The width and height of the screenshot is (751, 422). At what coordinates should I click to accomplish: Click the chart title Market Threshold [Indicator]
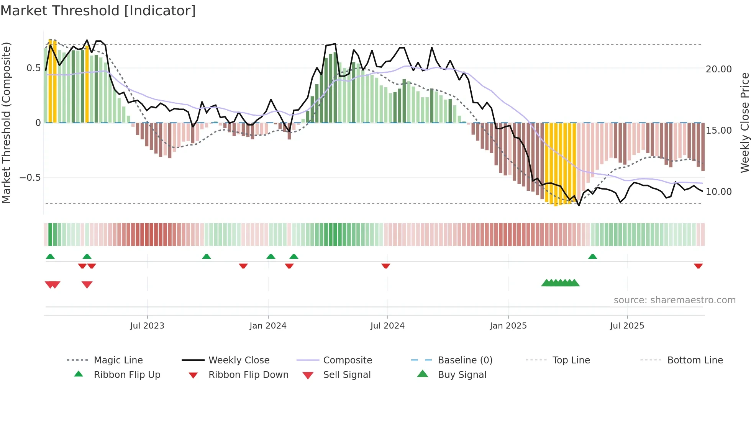[x=98, y=11]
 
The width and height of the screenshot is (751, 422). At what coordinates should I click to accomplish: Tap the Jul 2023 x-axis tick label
[x=147, y=326]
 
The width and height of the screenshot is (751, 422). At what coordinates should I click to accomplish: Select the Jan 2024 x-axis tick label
[x=268, y=326]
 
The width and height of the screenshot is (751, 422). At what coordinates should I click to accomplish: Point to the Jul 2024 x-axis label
[x=387, y=326]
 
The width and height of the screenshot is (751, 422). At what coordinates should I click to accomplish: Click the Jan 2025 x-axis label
[x=508, y=326]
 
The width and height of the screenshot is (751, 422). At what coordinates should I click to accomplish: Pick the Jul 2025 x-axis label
[x=627, y=326]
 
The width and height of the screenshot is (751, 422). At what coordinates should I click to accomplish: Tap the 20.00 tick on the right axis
[x=718, y=69]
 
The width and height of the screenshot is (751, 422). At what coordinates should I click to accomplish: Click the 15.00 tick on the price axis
[x=718, y=131]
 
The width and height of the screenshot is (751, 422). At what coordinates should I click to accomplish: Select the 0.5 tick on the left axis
[x=33, y=68]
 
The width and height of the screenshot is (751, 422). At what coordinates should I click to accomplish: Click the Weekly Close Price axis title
[x=744, y=123]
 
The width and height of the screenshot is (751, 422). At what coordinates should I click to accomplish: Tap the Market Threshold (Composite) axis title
[x=6, y=123]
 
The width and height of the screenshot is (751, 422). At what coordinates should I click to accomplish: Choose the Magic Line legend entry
[x=118, y=360]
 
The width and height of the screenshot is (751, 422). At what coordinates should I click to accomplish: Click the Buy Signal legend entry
[x=462, y=375]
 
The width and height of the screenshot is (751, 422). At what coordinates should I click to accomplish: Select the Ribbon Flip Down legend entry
[x=248, y=375]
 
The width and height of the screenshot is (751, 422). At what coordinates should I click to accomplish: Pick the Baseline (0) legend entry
[x=465, y=360]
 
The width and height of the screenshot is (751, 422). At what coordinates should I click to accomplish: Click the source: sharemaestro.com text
[x=674, y=300]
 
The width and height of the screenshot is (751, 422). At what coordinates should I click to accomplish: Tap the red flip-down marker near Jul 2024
[x=386, y=266]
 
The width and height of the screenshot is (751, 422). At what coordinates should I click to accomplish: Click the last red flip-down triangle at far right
[x=698, y=266]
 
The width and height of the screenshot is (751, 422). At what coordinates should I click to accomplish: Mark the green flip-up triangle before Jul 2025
[x=592, y=257]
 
